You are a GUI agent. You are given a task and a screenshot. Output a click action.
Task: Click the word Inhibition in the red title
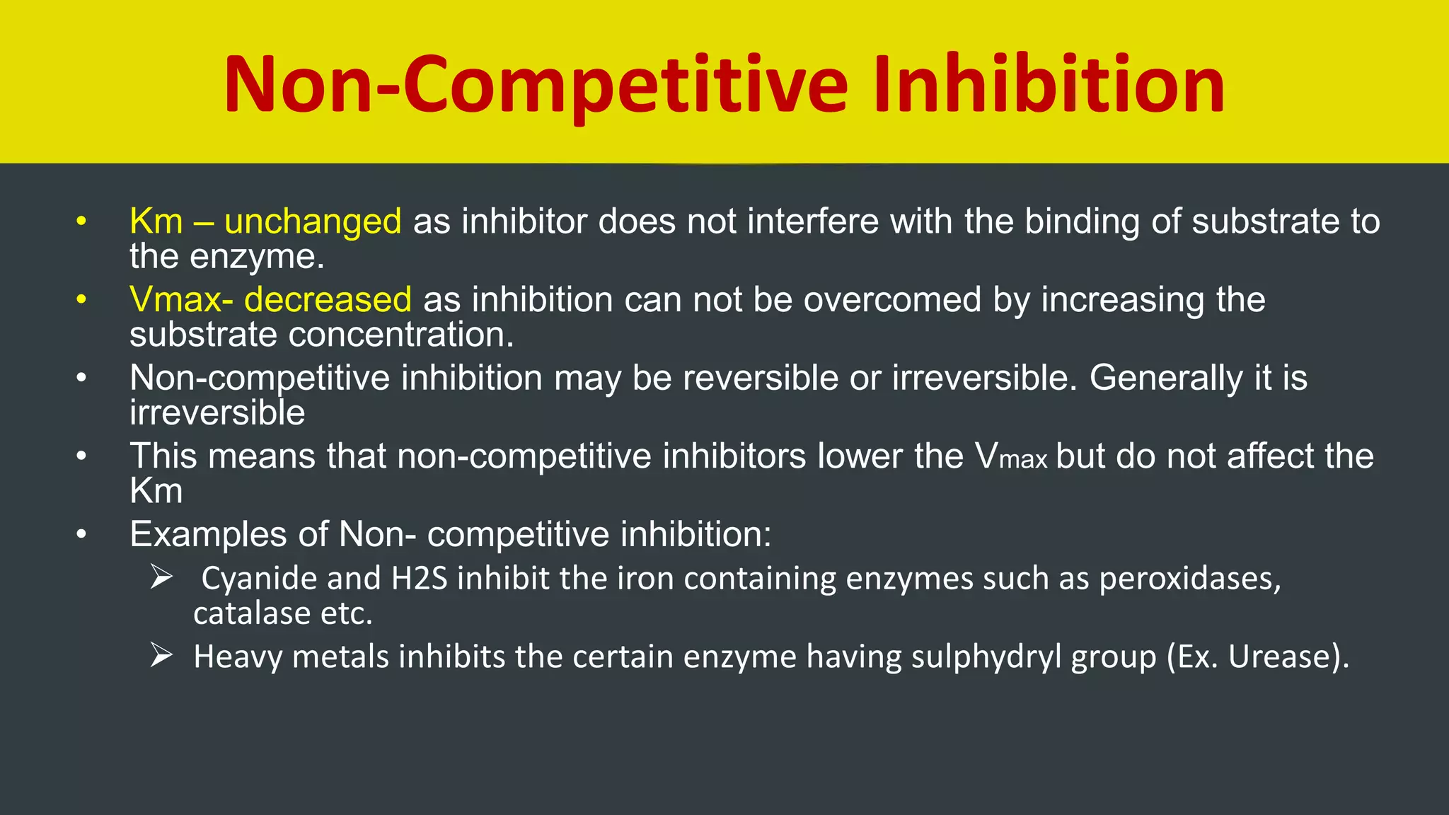click(x=1049, y=85)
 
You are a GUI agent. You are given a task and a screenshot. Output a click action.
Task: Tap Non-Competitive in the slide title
click(x=535, y=85)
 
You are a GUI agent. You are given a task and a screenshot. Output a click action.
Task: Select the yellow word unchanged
click(x=313, y=221)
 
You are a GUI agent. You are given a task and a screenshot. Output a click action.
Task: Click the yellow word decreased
click(x=328, y=299)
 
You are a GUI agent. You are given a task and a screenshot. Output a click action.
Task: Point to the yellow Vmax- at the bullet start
click(x=181, y=299)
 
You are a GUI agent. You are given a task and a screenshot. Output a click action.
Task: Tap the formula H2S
click(x=420, y=579)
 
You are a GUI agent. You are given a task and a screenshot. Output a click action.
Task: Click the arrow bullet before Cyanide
click(x=161, y=578)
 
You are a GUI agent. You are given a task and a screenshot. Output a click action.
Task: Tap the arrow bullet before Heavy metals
click(x=161, y=656)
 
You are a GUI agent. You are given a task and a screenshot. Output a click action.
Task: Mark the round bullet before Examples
click(x=81, y=534)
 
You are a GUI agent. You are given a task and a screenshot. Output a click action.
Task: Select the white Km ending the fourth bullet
click(x=156, y=491)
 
